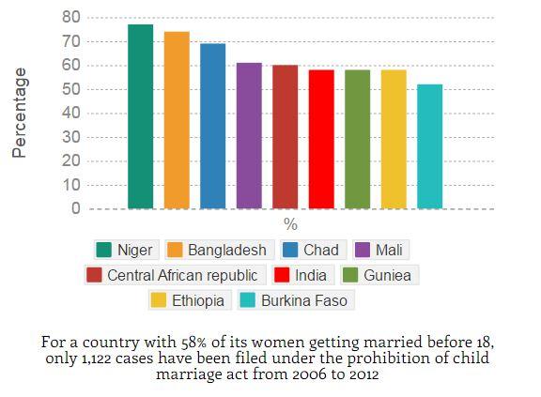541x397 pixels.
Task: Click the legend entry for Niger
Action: [125, 250]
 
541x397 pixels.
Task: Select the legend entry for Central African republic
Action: [172, 275]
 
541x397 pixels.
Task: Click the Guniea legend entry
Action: [380, 275]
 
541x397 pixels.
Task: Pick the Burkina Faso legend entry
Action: [295, 300]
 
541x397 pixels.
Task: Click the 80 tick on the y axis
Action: [71, 17]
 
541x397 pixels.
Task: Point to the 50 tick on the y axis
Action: [71, 89]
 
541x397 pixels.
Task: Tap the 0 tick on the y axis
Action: [76, 208]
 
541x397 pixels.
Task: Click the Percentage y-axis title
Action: [20, 113]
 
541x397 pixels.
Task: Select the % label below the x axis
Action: [290, 225]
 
